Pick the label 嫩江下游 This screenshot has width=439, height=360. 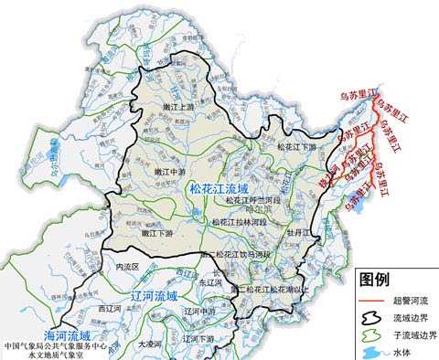point(156,233)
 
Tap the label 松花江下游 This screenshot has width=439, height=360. point(296,146)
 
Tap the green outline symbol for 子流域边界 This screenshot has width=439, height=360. point(374,335)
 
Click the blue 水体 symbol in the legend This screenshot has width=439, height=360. point(374,353)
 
